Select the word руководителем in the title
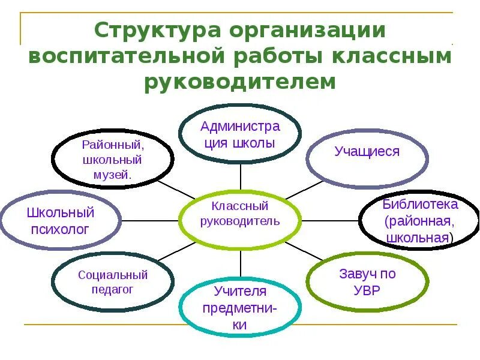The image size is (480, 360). point(240,82)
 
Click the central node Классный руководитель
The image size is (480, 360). point(241,214)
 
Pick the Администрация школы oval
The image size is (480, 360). point(241,134)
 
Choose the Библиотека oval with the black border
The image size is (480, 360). point(419,220)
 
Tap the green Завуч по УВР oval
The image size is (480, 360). point(367,281)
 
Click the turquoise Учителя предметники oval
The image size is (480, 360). point(240,308)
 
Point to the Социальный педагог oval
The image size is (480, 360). point(113,281)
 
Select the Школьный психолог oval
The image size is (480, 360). point(60,220)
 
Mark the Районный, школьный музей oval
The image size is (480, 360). point(113,160)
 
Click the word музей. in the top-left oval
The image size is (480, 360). point(113,175)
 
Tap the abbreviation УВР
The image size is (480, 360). point(367,290)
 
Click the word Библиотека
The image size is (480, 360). point(420,204)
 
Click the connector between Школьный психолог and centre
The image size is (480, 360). point(150,220)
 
